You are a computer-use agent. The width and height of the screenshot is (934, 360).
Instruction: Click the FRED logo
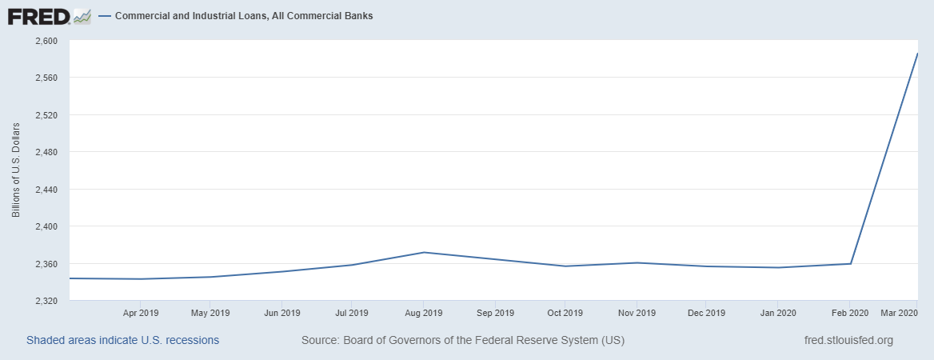click(x=49, y=16)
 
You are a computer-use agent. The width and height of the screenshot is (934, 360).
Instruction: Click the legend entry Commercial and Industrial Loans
click(x=244, y=16)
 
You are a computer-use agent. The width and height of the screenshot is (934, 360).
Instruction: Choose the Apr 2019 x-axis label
click(x=140, y=312)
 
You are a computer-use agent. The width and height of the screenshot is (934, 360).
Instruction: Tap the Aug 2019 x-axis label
click(x=423, y=312)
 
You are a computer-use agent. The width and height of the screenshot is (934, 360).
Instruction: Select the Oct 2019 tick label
click(x=565, y=312)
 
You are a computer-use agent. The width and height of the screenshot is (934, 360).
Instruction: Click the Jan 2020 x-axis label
click(x=777, y=312)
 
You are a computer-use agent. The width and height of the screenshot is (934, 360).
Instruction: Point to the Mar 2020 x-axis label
click(x=898, y=312)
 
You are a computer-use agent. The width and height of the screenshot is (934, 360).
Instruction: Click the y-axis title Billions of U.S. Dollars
click(x=16, y=170)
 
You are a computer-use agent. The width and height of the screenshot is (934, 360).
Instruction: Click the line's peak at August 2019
click(x=424, y=252)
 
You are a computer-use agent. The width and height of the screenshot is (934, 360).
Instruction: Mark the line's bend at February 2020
click(x=850, y=263)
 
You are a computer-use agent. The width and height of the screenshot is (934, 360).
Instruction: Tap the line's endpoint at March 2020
click(x=917, y=54)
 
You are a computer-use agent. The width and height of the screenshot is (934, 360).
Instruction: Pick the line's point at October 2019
click(x=565, y=266)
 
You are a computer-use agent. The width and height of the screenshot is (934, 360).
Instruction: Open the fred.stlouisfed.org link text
click(x=848, y=340)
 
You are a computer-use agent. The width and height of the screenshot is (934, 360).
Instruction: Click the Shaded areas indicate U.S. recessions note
click(x=122, y=340)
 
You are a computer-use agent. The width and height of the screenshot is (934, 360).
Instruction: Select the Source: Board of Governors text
click(x=463, y=340)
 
